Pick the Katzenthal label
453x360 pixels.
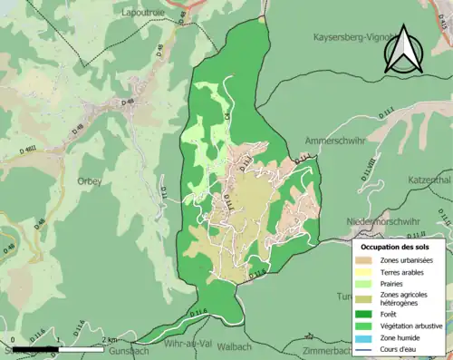tap(422, 180)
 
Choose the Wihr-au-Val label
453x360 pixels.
tap(188, 345)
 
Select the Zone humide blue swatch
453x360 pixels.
tap(367, 336)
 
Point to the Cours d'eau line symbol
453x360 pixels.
tap(367, 348)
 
